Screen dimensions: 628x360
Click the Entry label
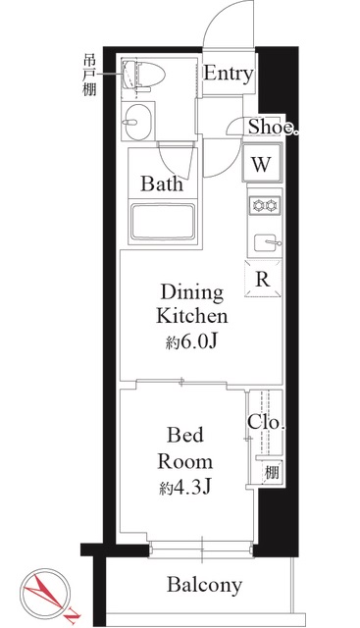click(x=229, y=75)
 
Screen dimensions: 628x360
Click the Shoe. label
click(x=272, y=126)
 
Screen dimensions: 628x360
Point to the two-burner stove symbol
click(x=263, y=206)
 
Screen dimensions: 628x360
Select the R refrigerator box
click(x=263, y=279)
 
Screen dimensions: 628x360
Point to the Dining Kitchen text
click(x=193, y=305)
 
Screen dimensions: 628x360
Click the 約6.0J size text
click(x=193, y=342)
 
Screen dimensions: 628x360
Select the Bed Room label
click(x=186, y=447)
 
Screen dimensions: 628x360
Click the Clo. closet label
click(x=266, y=424)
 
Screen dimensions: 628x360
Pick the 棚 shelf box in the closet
click(x=267, y=472)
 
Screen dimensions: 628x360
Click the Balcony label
click(x=203, y=586)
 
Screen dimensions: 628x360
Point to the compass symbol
click(x=47, y=592)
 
